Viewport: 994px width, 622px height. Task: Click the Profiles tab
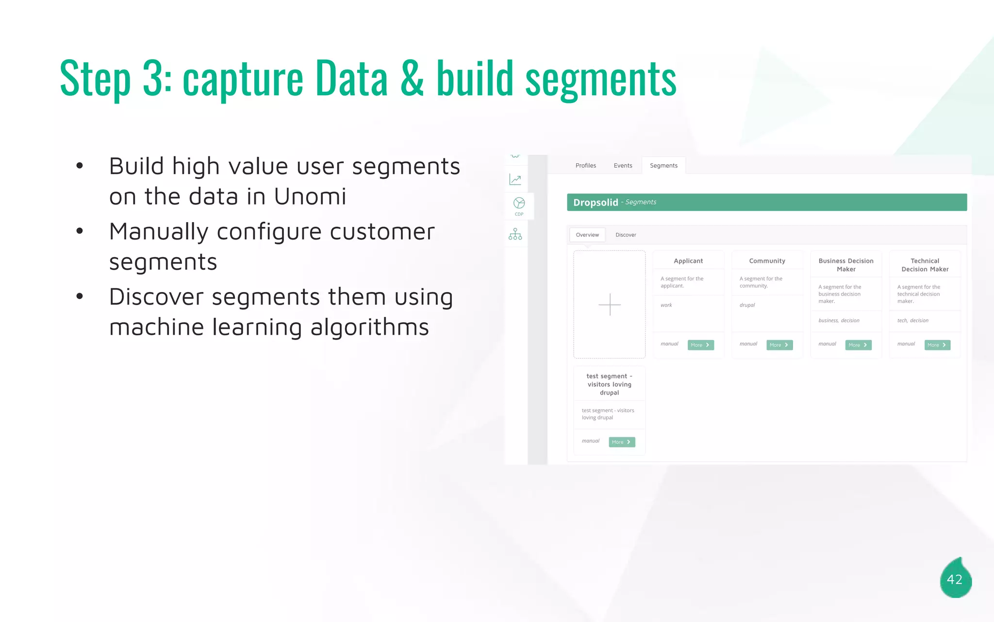585,166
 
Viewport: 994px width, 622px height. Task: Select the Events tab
623,166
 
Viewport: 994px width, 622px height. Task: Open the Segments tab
663,166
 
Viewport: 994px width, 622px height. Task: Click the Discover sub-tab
626,235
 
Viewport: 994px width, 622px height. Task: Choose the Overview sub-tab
587,235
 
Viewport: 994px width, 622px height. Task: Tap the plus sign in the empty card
610,305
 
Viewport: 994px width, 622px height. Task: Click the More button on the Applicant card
700,345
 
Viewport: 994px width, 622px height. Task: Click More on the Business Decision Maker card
858,345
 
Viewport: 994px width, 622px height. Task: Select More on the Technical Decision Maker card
937,345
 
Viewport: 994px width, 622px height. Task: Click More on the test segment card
622,442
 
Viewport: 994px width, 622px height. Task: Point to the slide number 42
955,579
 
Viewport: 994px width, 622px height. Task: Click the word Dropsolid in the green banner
596,203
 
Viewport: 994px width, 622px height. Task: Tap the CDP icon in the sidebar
519,206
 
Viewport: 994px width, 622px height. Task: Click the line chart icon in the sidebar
515,179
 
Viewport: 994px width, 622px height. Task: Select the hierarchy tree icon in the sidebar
515,234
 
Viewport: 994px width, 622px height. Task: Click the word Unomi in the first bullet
310,197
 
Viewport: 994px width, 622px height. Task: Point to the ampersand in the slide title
412,79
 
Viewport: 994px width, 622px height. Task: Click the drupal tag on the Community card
747,305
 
